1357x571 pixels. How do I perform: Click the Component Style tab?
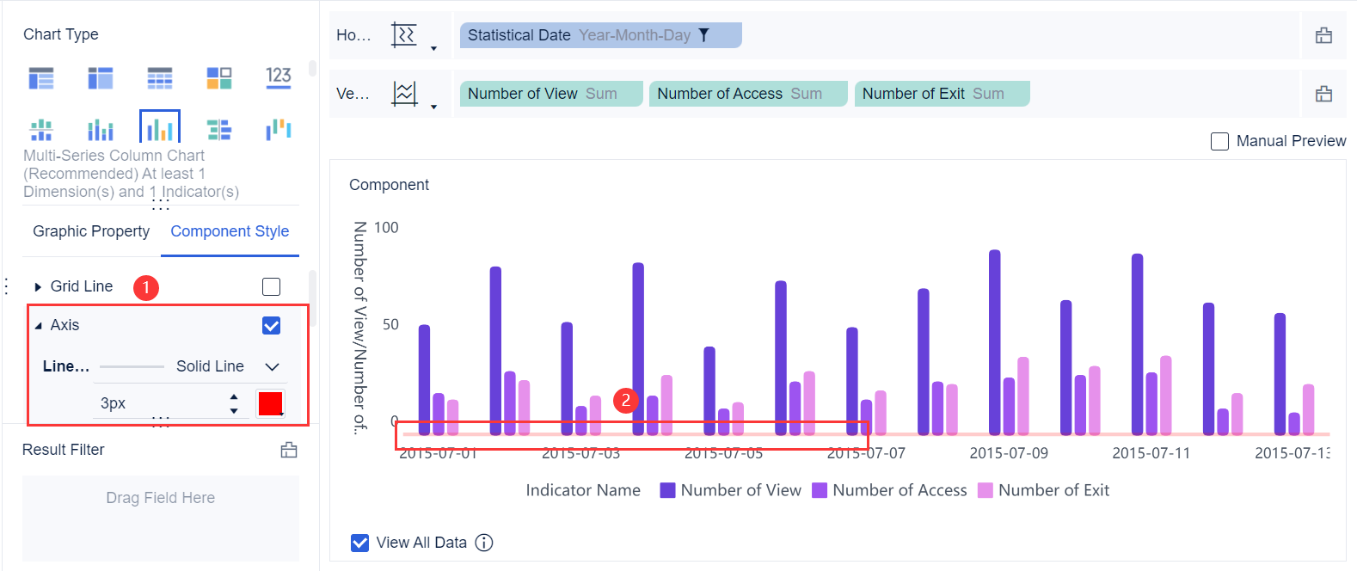(x=230, y=231)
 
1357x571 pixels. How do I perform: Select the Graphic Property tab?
(x=91, y=231)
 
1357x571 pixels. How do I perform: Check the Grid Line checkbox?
(x=271, y=286)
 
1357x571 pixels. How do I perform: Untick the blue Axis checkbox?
(x=271, y=325)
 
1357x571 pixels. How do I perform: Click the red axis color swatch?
(x=271, y=402)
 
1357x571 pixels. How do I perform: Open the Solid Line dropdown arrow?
(x=273, y=366)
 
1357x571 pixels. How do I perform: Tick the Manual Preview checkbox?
(x=1219, y=141)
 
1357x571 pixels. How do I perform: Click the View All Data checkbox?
(x=360, y=543)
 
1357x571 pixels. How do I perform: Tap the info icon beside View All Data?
(x=484, y=543)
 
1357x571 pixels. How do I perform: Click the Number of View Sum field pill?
(x=550, y=94)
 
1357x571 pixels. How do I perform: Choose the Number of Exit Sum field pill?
(x=941, y=94)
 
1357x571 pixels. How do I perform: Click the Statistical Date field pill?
(x=599, y=35)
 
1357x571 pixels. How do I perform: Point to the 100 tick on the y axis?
(x=386, y=228)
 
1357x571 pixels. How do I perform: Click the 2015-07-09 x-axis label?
(x=1009, y=453)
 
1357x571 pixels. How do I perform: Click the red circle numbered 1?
(x=146, y=287)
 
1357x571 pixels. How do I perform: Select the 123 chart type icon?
(x=279, y=77)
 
